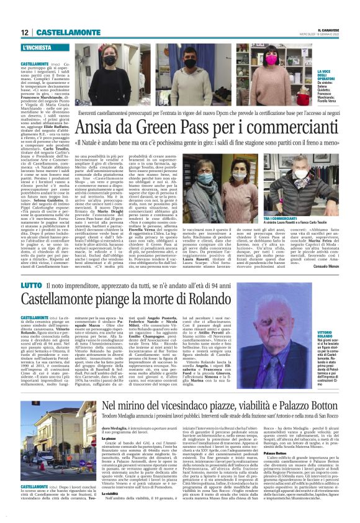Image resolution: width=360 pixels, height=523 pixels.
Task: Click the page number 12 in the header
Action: tap(24, 32)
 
